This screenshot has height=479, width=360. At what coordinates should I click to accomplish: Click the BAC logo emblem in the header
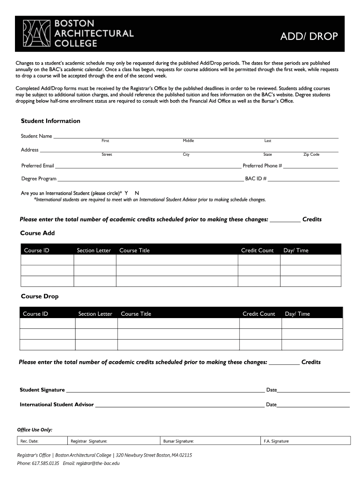(36, 33)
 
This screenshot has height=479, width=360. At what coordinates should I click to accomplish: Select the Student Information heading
(50, 121)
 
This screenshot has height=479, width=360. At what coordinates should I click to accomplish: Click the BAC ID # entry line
(303, 180)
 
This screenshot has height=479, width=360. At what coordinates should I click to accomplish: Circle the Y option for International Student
(126, 193)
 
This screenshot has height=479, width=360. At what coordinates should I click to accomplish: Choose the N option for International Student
(137, 193)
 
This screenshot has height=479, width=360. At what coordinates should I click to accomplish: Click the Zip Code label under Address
(311, 154)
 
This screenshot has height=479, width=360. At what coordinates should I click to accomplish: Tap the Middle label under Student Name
(188, 141)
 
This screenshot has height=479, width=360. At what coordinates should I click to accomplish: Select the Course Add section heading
(37, 233)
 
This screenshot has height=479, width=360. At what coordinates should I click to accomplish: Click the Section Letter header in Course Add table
(94, 250)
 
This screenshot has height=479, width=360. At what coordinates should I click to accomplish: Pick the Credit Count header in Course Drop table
(259, 314)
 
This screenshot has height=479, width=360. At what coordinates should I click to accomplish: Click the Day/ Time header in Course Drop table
(297, 314)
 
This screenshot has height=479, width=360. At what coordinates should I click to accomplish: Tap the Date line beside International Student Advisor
(313, 406)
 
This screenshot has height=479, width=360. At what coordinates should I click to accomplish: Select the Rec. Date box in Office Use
(42, 441)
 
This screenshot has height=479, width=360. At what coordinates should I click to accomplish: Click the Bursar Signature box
(210, 441)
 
